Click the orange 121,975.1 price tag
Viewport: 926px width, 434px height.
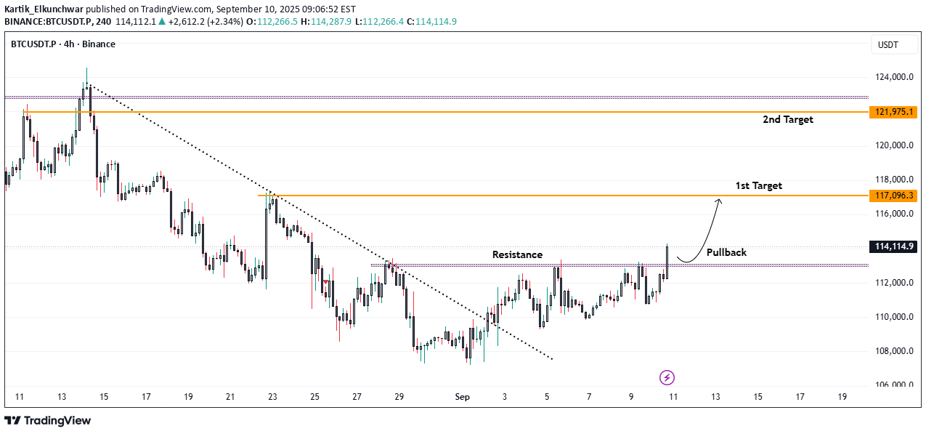[893, 111]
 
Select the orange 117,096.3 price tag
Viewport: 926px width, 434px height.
[893, 196]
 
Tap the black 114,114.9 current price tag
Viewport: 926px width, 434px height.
[893, 246]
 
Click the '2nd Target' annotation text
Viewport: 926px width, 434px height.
[787, 119]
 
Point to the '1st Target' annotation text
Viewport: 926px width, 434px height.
[758, 185]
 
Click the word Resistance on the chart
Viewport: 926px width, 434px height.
[517, 254]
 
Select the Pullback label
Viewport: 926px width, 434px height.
[726, 252]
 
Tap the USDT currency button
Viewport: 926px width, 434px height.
[888, 45]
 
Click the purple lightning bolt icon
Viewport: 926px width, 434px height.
[667, 377]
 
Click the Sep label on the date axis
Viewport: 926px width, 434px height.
[462, 397]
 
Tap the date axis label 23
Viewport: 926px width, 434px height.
[272, 397]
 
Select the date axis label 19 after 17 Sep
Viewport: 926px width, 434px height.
[842, 397]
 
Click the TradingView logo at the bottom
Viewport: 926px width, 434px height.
[48, 420]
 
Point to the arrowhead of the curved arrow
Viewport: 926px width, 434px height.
[719, 201]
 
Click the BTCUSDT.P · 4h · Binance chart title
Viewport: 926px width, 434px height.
[62, 44]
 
